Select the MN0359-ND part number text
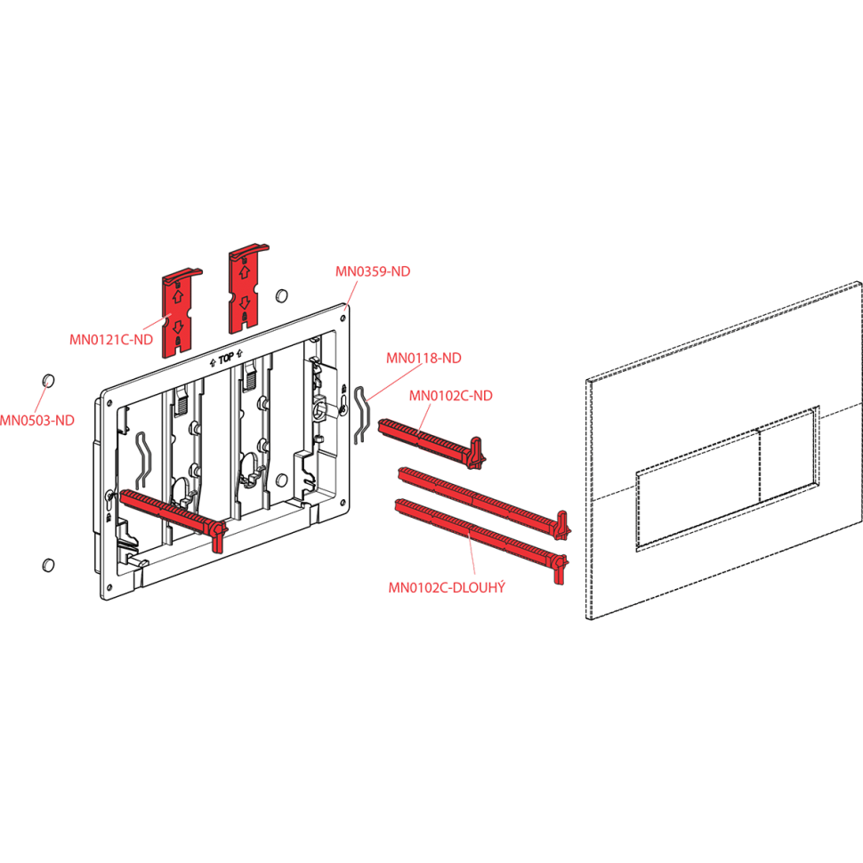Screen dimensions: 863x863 point(373,272)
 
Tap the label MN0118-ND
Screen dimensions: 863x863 point(423,359)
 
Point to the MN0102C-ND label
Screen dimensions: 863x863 point(450,396)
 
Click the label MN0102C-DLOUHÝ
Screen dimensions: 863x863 point(447,587)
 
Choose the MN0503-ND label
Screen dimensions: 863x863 point(36,419)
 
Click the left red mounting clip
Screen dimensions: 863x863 point(181,311)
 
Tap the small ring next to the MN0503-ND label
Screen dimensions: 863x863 point(49,381)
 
